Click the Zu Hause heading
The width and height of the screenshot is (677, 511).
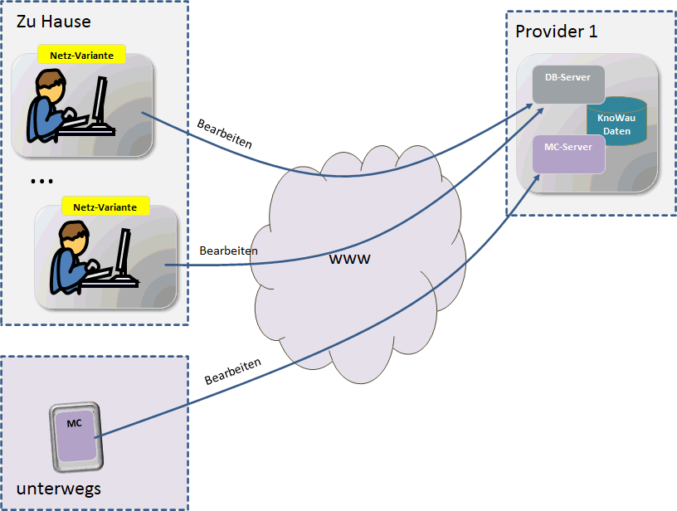[54, 22]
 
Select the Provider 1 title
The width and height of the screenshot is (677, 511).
[556, 32]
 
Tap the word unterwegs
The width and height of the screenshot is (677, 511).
[59, 489]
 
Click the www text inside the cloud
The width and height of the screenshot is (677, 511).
[350, 259]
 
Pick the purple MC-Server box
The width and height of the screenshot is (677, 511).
[568, 153]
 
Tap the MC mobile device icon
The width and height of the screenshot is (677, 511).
[75, 436]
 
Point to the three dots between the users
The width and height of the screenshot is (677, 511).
[41, 181]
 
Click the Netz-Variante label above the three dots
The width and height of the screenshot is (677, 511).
[81, 55]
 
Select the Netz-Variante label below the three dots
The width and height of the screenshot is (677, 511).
[105, 207]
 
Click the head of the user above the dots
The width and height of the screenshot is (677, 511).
[51, 85]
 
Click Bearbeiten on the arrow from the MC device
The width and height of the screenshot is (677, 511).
[233, 371]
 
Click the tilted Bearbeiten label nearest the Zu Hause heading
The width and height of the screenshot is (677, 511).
[224, 134]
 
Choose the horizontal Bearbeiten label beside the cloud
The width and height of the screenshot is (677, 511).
[228, 250]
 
